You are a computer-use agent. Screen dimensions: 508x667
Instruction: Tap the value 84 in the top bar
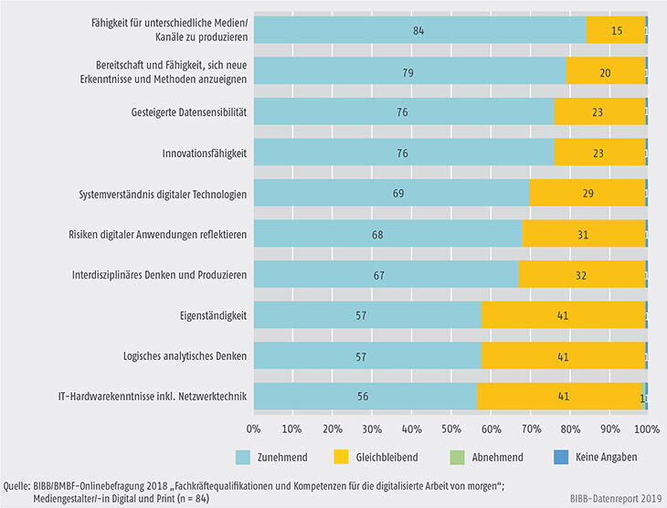(419, 30)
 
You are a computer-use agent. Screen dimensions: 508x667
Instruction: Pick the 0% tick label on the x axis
(254, 427)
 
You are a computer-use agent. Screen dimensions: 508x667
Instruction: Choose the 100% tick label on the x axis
(646, 427)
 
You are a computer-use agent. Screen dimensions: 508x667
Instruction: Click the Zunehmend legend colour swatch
(244, 457)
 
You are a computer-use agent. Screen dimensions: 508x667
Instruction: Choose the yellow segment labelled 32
(582, 274)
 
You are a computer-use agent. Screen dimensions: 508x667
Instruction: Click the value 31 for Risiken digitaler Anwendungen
(583, 234)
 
